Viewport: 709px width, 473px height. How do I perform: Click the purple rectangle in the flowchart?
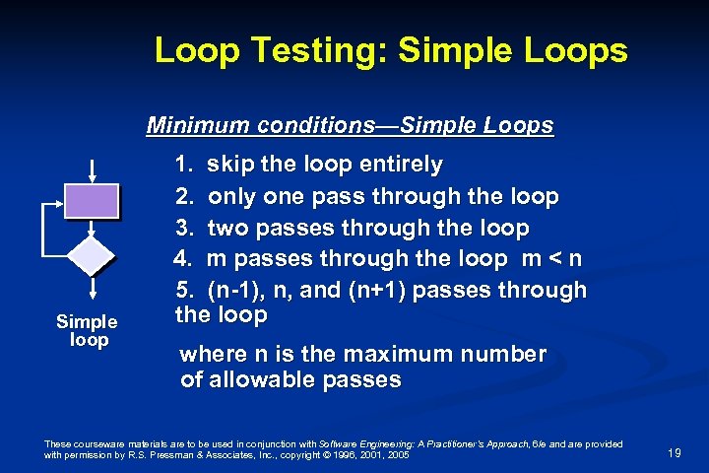pos(92,201)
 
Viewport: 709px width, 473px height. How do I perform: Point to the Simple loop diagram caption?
pos(87,330)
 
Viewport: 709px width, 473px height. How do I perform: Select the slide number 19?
pos(675,453)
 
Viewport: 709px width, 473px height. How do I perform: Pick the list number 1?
pos(183,164)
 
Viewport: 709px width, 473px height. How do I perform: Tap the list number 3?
pos(183,229)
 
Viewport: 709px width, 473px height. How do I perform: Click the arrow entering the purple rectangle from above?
pos(92,169)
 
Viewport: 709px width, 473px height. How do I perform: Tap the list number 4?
pos(183,260)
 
